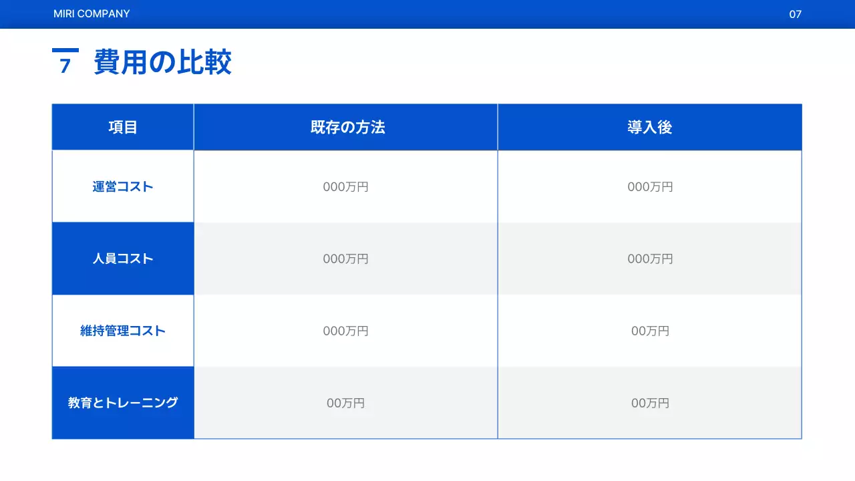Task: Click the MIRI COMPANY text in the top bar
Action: [x=92, y=14]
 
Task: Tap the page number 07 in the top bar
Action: [x=795, y=14]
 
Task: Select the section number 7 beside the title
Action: [x=65, y=66]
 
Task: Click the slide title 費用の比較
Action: [x=162, y=63]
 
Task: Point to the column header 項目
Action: [x=123, y=128]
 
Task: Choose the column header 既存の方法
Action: [x=347, y=128]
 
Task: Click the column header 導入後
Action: [x=649, y=128]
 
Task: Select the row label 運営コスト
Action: [x=123, y=187]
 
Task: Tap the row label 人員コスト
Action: [x=123, y=259]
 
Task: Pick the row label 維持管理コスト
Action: [x=123, y=331]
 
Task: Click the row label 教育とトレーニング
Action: [x=123, y=403]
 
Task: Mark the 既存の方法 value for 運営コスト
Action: [x=345, y=187]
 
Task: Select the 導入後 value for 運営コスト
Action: [x=650, y=187]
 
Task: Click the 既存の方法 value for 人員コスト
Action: [x=345, y=259]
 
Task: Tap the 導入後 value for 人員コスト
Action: [x=650, y=259]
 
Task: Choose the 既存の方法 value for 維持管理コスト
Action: [x=345, y=331]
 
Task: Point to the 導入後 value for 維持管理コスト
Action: [x=650, y=331]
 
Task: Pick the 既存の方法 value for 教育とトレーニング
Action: [x=345, y=404]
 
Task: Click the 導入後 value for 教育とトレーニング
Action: [x=650, y=404]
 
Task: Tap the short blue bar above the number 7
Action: [x=65, y=50]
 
